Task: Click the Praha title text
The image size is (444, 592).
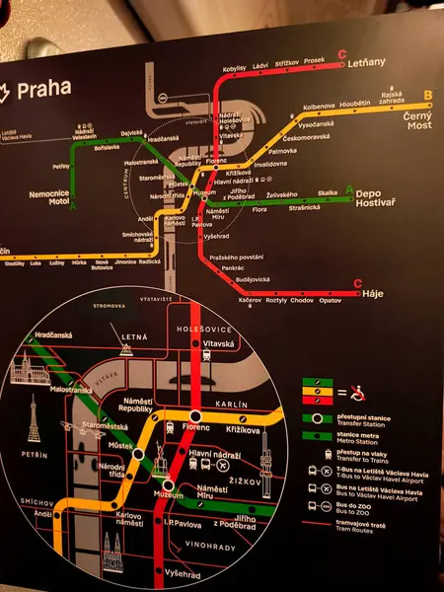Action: point(44,87)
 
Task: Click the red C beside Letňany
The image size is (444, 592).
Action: point(341,53)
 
